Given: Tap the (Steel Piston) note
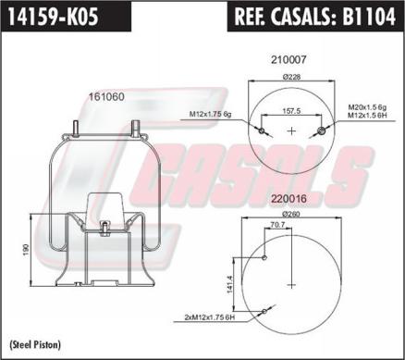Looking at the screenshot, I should pyautogui.click(x=32, y=344).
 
